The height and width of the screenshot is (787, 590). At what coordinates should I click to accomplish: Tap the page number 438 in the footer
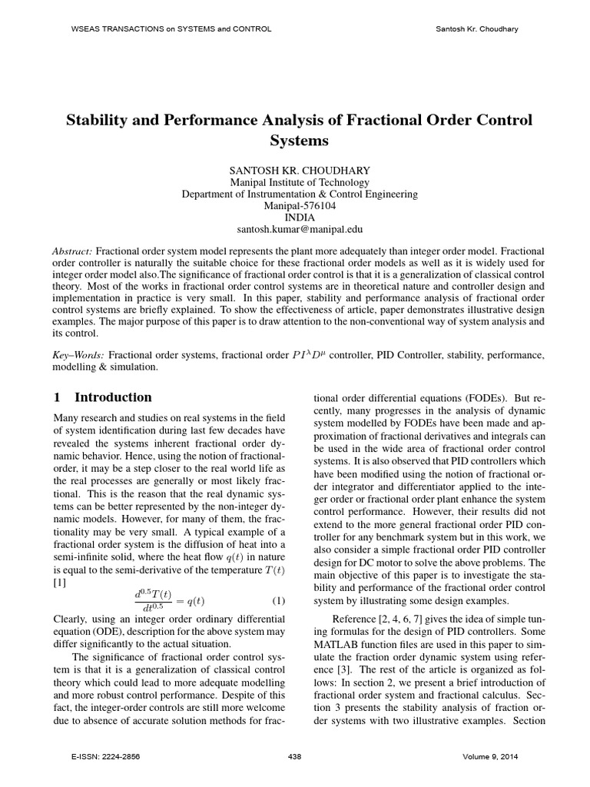pos(294,757)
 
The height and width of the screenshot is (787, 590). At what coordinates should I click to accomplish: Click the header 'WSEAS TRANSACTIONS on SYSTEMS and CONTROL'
pos(161,28)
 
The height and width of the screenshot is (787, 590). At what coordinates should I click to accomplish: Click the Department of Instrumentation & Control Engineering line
pos(300,194)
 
